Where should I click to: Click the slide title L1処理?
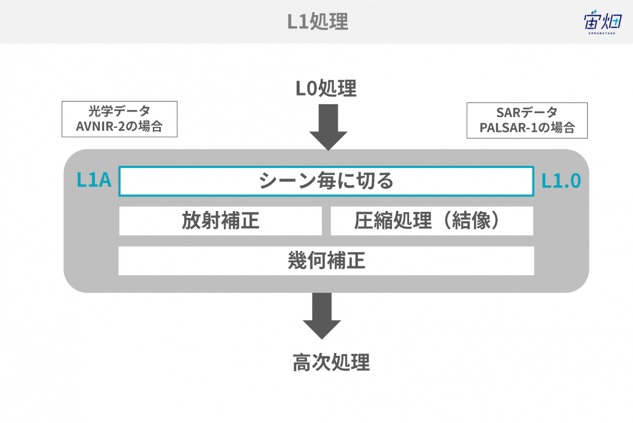[x=317, y=21]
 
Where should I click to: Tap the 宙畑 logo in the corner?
[x=602, y=22]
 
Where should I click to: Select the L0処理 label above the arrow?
[x=326, y=89]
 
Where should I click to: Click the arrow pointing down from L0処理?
[x=328, y=127]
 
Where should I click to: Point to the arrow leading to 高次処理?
[x=322, y=316]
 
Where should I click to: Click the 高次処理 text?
[x=331, y=362]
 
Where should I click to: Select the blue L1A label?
[x=94, y=180]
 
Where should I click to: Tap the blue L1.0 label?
[x=561, y=181]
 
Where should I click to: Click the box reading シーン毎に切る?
[x=326, y=181]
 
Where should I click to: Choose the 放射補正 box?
[x=221, y=221]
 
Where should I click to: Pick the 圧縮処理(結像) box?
[x=432, y=221]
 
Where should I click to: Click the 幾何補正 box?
[x=326, y=261]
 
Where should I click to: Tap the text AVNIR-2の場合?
[x=119, y=126]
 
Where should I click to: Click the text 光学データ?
[x=119, y=111]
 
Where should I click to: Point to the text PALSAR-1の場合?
[x=527, y=128]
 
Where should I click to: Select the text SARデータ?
[x=527, y=113]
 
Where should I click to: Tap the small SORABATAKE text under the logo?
[x=602, y=33]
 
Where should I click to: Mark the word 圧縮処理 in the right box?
[x=393, y=221]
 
